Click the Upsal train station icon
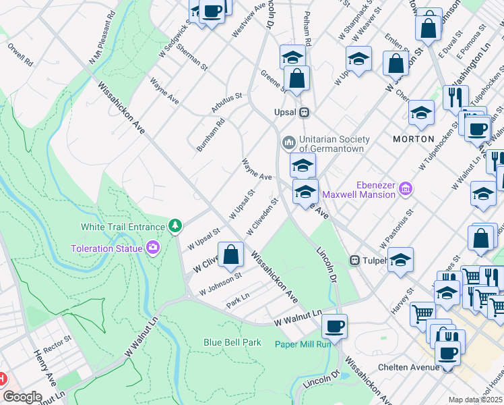305,112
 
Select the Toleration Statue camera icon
154,248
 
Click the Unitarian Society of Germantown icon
288,143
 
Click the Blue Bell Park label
232,342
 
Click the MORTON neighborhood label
413,138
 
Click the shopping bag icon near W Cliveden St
231,255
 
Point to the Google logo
22,396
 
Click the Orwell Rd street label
20,55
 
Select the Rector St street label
57,338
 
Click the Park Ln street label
238,300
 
